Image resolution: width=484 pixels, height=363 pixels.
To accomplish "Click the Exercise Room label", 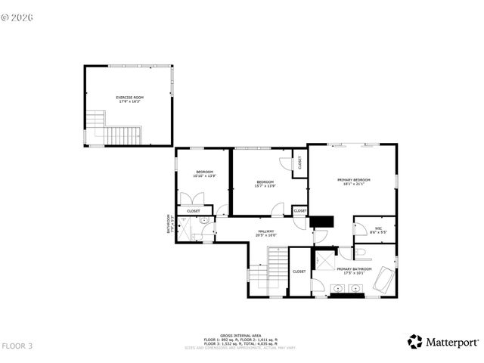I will tap(129, 98).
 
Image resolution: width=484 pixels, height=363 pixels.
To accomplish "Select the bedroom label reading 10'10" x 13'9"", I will tap(204, 174).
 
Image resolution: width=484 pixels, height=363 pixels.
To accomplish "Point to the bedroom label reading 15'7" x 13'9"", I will tap(265, 183).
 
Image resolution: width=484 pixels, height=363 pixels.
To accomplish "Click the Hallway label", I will tap(266, 233).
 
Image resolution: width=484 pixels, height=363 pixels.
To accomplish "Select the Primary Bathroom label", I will tap(354, 269).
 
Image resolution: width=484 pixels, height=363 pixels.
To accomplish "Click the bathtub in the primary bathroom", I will tap(383, 281).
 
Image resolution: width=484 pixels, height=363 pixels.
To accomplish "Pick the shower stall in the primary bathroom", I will tap(323, 261).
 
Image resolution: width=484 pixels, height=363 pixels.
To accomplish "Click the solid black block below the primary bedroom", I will tap(323, 221).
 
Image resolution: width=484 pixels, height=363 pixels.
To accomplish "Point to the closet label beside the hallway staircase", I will tap(299, 271).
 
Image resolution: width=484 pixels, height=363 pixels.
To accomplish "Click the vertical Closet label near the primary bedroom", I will tap(299, 162).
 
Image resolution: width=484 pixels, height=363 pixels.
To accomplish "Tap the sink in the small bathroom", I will tap(203, 221).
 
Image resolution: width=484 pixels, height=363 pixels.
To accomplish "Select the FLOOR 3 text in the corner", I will tap(17, 346).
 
